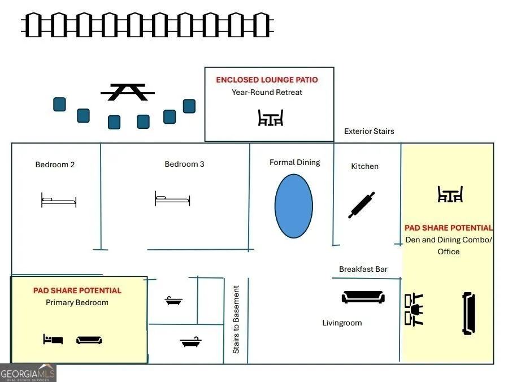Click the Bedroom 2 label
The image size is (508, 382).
pyautogui.click(x=55, y=164)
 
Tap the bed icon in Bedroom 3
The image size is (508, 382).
pyautogui.click(x=172, y=198)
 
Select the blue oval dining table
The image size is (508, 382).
pyautogui.click(x=293, y=206)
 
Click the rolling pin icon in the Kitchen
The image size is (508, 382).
pyautogui.click(x=362, y=205)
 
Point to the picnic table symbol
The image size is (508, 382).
pyautogui.click(x=127, y=92)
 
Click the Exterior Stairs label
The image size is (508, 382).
pyautogui.click(x=369, y=131)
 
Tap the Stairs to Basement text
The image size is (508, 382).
pyautogui.click(x=236, y=319)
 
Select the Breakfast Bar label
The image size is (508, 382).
pyautogui.click(x=363, y=269)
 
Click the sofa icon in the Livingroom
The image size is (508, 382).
pyautogui.click(x=363, y=297)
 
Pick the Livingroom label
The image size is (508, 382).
pyautogui.click(x=342, y=323)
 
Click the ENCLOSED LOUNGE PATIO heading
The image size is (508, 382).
pyautogui.click(x=267, y=80)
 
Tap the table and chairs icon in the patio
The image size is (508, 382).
pyautogui.click(x=271, y=118)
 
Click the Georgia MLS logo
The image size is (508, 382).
pyautogui.click(x=28, y=373)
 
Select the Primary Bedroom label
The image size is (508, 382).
pyautogui.click(x=77, y=303)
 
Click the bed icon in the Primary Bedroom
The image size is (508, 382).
pyautogui.click(x=53, y=339)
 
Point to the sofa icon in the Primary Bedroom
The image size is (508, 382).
pyautogui.click(x=89, y=340)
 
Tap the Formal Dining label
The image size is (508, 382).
pyautogui.click(x=295, y=163)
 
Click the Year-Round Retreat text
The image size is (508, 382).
pyautogui.click(x=267, y=92)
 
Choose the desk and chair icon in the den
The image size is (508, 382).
pyautogui.click(x=414, y=310)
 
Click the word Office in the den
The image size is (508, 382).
pyautogui.click(x=449, y=252)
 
